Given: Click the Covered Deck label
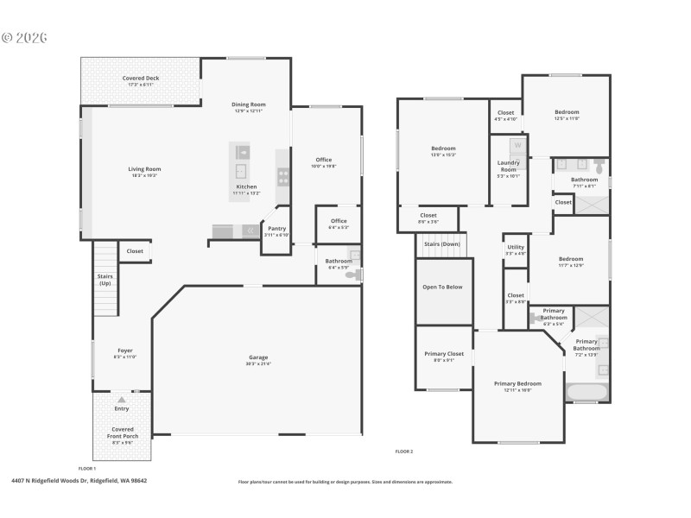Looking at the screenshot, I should click(x=140, y=79).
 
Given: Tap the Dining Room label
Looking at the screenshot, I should click(x=248, y=104).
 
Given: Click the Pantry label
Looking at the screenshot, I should click(x=276, y=229).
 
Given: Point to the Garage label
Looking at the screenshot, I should click(x=258, y=357).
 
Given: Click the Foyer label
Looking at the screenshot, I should click(x=125, y=351).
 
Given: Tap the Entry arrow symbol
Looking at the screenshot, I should click(x=122, y=400).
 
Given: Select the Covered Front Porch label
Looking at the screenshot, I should click(x=122, y=433).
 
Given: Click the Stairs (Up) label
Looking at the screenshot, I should click(x=105, y=280).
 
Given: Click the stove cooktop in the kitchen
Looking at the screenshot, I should click(x=282, y=175).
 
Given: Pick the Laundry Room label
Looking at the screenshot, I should click(x=508, y=166).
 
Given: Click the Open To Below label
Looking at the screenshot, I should click(x=442, y=287).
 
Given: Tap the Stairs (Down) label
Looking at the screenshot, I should click(x=442, y=244).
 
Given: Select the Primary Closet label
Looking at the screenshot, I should click(x=444, y=354).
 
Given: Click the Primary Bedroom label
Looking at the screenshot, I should click(x=517, y=383).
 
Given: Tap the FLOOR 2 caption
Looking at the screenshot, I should click(x=404, y=452).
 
